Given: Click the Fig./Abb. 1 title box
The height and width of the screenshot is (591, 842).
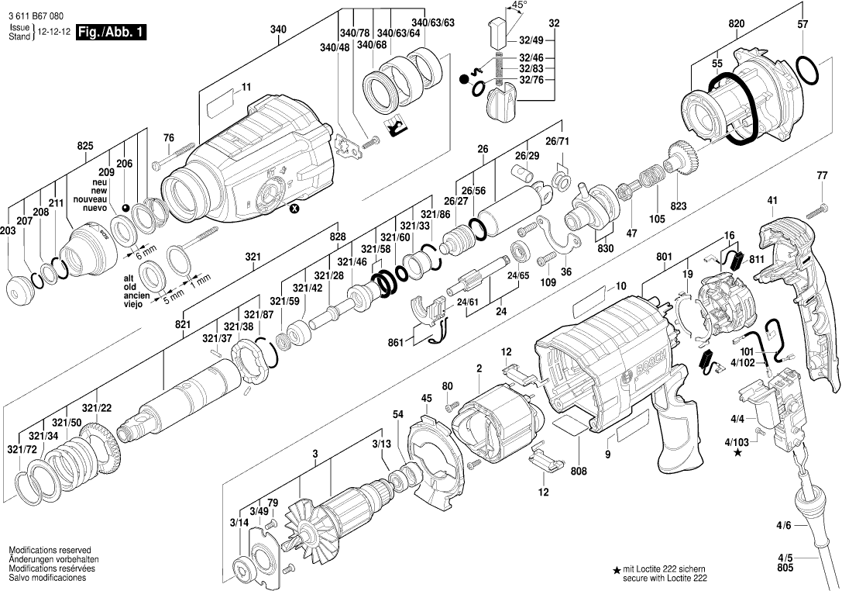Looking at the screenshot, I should (110, 33).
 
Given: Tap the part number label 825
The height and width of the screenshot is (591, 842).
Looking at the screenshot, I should (85, 145).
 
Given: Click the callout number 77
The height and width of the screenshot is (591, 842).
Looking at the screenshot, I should (822, 176).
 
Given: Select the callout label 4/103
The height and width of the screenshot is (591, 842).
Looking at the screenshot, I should (737, 442).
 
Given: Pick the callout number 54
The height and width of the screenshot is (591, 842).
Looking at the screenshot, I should (398, 415).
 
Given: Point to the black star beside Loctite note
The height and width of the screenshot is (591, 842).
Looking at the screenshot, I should (617, 571).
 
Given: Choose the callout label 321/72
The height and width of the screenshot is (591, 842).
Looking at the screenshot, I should (21, 449).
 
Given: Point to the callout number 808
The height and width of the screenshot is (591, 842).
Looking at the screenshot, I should (579, 470).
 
